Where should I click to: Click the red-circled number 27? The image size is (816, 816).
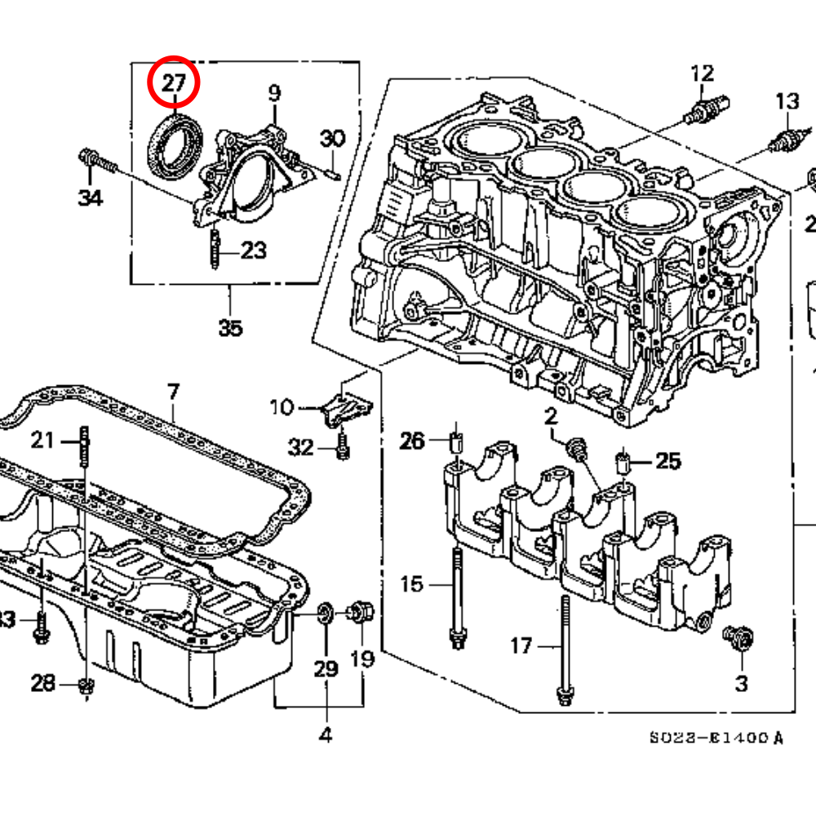click(173, 83)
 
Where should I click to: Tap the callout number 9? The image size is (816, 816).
click(274, 93)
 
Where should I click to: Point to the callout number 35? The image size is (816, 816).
click(230, 328)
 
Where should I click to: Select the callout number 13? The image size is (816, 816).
click(787, 102)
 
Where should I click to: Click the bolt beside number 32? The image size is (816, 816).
click(343, 445)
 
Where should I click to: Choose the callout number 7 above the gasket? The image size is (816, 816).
click(172, 392)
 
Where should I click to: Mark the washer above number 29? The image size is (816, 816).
click(324, 611)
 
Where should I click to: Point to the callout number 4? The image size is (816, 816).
click(325, 734)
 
